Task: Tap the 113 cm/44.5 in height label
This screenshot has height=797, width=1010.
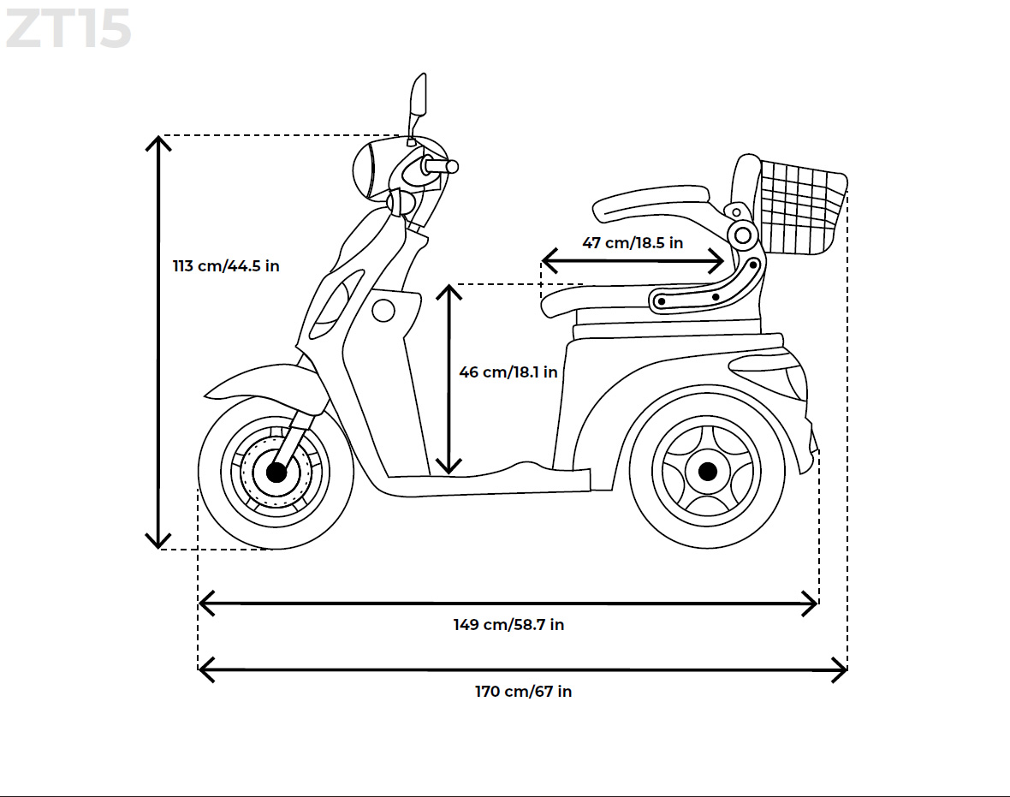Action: coord(226,265)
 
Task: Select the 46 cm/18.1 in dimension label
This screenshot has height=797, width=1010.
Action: coord(508,372)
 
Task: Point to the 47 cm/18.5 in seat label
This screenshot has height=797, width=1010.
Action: coord(633,243)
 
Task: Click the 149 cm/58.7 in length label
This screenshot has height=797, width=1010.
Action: coord(508,625)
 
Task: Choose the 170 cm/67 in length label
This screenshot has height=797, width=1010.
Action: coord(523,692)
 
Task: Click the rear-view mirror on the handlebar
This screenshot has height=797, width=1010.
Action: coord(418,95)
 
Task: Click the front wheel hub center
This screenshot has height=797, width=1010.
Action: coord(276,472)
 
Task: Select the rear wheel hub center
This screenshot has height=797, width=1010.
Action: coord(707,471)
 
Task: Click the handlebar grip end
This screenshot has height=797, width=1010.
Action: coord(452,166)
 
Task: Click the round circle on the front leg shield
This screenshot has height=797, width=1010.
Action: coord(383,310)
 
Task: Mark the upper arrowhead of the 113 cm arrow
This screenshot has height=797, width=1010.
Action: coord(158,141)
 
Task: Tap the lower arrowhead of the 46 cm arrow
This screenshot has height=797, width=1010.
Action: coord(449,467)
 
